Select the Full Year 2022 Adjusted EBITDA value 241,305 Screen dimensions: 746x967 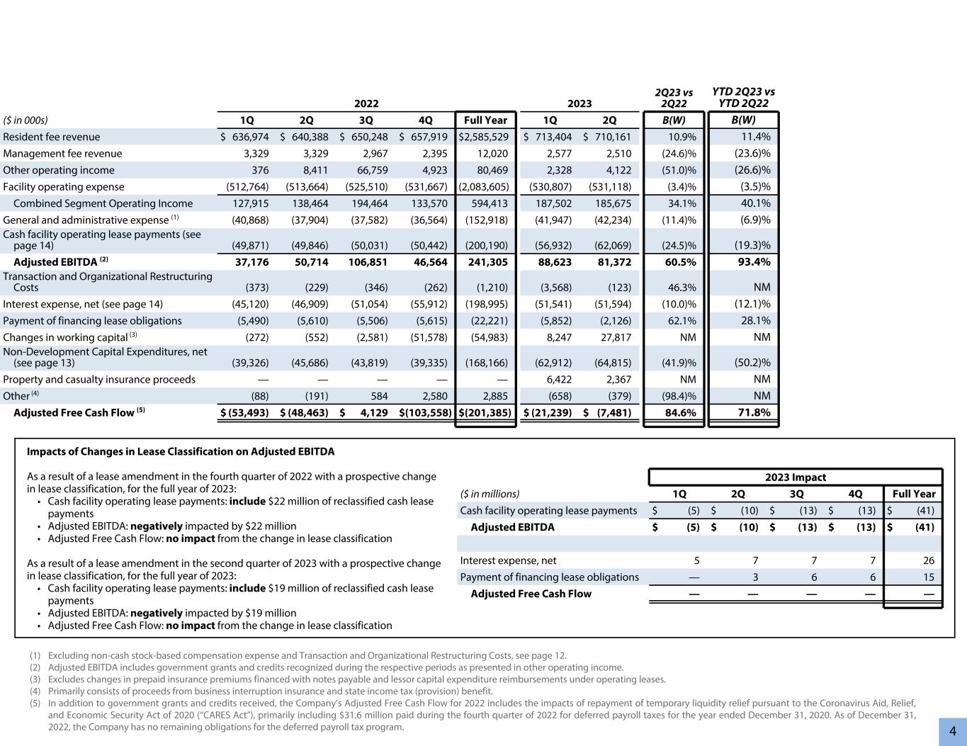tap(487, 261)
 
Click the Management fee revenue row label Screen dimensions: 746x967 tap(62, 154)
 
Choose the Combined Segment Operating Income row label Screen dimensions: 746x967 tap(103, 203)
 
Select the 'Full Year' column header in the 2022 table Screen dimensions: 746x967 tap(485, 120)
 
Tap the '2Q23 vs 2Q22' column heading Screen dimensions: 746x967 tap(673, 98)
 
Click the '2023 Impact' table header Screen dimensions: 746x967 tap(795, 477)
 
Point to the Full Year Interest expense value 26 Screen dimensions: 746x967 tap(928, 560)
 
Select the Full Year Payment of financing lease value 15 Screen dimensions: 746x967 tap(928, 577)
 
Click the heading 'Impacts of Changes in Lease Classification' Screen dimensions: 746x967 tap(181, 451)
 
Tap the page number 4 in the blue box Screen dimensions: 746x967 tap(953, 731)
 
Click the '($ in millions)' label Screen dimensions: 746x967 tap(490, 494)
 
